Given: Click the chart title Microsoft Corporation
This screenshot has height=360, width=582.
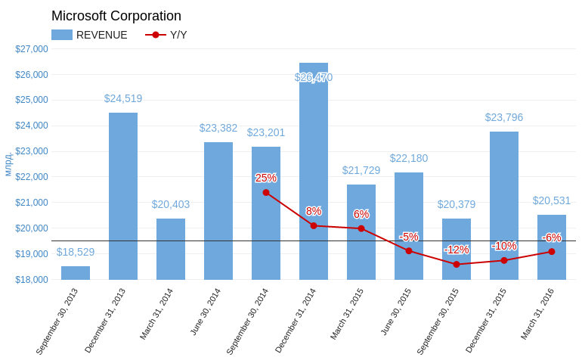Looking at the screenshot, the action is pyautogui.click(x=116, y=16).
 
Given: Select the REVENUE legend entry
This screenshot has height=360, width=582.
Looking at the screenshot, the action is pyautogui.click(x=89, y=35).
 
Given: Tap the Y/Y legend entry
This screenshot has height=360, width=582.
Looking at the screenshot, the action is pyautogui.click(x=166, y=35).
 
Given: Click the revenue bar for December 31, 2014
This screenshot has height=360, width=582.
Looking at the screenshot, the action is pyautogui.click(x=314, y=171).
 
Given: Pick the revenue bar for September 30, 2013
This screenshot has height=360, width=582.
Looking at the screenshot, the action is pyautogui.click(x=76, y=273).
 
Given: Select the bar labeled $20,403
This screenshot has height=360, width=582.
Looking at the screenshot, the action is pyautogui.click(x=171, y=250).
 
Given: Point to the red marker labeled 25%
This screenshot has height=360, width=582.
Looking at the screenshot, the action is pyautogui.click(x=266, y=192).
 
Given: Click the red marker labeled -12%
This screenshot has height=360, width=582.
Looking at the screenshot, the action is pyautogui.click(x=457, y=265).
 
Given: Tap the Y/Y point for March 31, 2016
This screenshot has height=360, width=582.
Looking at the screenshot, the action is pyautogui.click(x=552, y=252).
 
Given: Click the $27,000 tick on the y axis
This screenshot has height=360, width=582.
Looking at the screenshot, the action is pyautogui.click(x=32, y=49).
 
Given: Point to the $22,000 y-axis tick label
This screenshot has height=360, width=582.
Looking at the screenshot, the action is pyautogui.click(x=32, y=177).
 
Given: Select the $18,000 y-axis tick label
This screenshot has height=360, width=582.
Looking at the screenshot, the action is pyautogui.click(x=32, y=279).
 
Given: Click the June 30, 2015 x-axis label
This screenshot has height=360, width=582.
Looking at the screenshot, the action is pyautogui.click(x=396, y=312).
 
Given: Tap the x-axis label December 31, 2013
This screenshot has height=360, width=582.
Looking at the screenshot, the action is pyautogui.click(x=105, y=320).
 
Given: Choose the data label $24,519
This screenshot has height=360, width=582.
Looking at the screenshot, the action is pyautogui.click(x=123, y=98).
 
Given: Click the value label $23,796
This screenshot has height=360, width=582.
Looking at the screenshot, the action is pyautogui.click(x=504, y=117).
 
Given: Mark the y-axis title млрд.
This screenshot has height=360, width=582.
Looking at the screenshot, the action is pyautogui.click(x=8, y=164).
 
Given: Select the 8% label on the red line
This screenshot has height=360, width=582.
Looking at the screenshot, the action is pyautogui.click(x=314, y=211).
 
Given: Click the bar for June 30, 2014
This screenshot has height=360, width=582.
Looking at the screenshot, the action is pyautogui.click(x=218, y=211).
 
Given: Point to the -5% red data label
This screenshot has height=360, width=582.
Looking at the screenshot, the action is pyautogui.click(x=409, y=237).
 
